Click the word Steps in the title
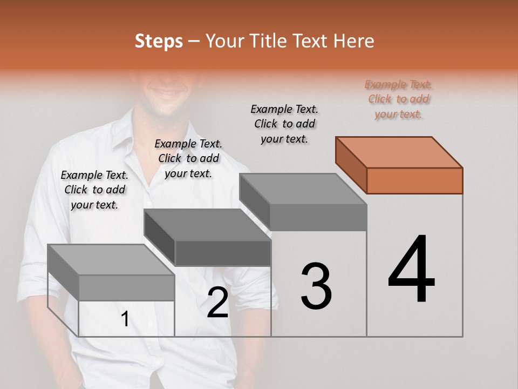(x=159, y=41)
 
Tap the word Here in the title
(x=354, y=41)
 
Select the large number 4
(x=411, y=270)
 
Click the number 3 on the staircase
(x=316, y=286)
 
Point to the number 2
(x=217, y=303)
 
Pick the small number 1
(x=125, y=319)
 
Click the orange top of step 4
(x=399, y=152)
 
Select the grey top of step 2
(x=208, y=224)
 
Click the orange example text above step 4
(x=399, y=99)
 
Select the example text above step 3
(x=284, y=124)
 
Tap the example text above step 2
(x=188, y=158)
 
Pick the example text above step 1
(x=94, y=190)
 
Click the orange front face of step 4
(x=414, y=180)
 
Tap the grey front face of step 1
(x=126, y=287)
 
